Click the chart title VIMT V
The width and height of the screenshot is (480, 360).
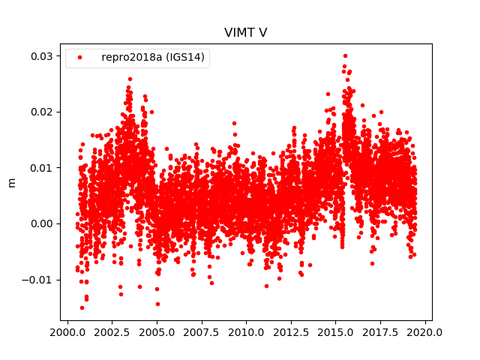pyautogui.click(x=245, y=33)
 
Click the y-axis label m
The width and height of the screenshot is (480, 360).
pyautogui.click(x=11, y=182)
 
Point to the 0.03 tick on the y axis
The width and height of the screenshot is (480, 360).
pyautogui.click(x=41, y=56)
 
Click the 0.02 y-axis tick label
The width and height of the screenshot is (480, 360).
pyautogui.click(x=41, y=112)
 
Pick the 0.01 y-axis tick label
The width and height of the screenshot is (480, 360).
pyautogui.click(x=41, y=168)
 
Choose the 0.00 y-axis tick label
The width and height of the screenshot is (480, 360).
pyautogui.click(x=41, y=223)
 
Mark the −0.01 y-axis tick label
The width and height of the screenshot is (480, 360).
pyautogui.click(x=38, y=280)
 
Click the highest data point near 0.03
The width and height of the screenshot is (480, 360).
pyautogui.click(x=345, y=55)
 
